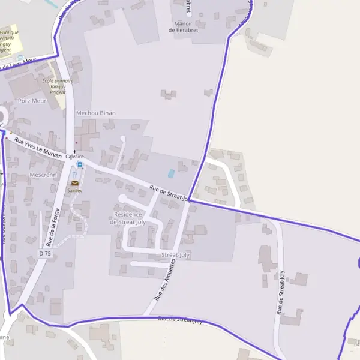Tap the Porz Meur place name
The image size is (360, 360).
(32, 100)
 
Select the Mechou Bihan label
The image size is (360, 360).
(96, 113)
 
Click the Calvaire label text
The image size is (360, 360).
(75, 157)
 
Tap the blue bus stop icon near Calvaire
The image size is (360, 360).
(80, 164)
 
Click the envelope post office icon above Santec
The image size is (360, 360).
(75, 183)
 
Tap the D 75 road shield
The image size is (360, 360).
(45, 254)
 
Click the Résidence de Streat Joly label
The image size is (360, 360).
(128, 218)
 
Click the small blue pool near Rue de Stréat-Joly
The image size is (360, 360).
(172, 173)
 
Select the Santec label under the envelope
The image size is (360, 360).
(75, 190)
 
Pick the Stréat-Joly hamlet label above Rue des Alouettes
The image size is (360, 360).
(176, 256)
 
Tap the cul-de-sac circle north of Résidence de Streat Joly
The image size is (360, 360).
(122, 139)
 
